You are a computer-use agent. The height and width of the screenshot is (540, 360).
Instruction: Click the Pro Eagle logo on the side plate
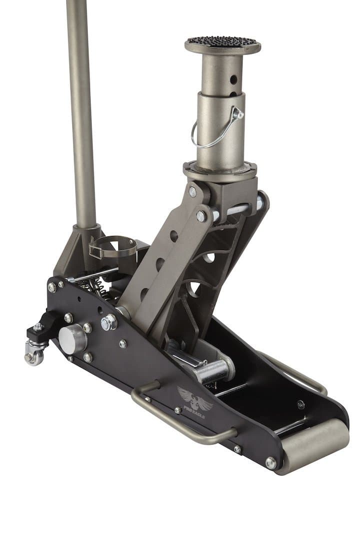point(194,398)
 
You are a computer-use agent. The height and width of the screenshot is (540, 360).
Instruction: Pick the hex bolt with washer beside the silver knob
point(108,322)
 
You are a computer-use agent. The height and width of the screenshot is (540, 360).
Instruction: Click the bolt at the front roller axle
point(270,463)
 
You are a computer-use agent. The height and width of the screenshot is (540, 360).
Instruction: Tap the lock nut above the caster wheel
point(37,327)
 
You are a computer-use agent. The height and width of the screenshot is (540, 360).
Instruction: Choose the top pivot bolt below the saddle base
point(192,192)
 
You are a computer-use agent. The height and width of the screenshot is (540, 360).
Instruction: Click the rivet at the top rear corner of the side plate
point(51,287)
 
